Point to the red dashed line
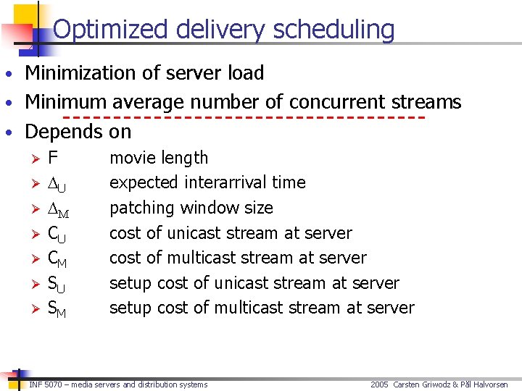coord(244,117)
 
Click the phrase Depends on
coord(78,132)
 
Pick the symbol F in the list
coord(53,158)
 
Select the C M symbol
coord(58,258)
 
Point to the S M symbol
coord(57,308)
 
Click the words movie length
coord(159,158)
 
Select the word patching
coord(142,209)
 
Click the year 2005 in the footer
coord(380,384)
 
